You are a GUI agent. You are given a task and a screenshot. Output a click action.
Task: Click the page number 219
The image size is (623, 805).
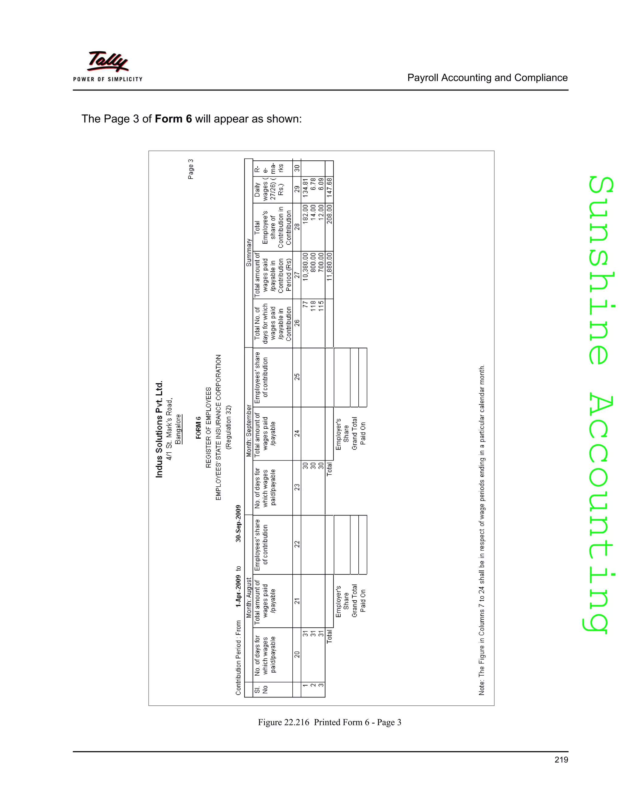561,760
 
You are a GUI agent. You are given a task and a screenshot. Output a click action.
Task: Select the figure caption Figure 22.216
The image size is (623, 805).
329,722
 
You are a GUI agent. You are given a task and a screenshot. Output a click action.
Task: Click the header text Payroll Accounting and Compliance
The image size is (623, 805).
487,78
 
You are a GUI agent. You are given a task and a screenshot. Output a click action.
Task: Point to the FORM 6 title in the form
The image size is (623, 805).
199,428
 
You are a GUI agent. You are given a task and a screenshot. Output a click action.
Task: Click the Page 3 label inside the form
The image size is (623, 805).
191,169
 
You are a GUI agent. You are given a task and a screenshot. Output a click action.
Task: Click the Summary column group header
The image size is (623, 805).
249,252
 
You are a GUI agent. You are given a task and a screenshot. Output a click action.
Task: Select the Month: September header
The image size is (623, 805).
249,430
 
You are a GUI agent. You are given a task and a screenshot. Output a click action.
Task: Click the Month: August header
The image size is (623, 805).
249,598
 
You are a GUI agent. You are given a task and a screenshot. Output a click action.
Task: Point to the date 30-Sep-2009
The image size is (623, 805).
238,523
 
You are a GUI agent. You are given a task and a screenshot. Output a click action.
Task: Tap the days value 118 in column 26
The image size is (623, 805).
313,306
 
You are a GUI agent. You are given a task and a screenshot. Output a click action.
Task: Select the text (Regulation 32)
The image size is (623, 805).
229,428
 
